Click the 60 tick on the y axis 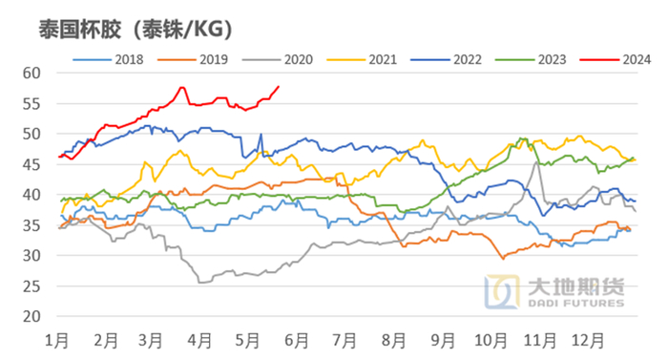click(31, 73)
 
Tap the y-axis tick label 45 click(31, 164)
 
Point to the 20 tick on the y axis click(31, 316)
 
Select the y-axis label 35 click(31, 225)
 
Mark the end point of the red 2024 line click(278, 87)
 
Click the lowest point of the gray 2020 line click(201, 282)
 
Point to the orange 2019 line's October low click(504, 259)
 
